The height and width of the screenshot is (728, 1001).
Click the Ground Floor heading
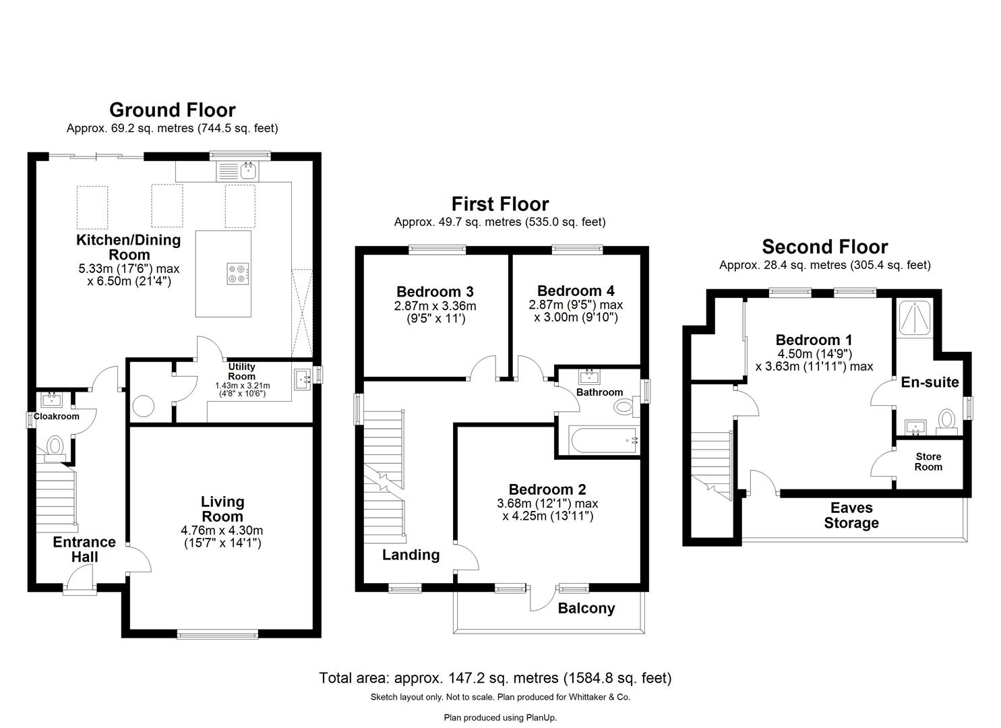(172, 110)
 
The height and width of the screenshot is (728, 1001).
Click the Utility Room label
(241, 371)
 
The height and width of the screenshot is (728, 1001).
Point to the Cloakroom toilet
(55, 446)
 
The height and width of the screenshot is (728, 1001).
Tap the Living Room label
(222, 509)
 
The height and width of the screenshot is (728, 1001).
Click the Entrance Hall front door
(79, 580)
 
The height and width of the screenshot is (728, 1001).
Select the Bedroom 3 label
(435, 292)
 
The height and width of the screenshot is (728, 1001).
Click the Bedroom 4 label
(576, 291)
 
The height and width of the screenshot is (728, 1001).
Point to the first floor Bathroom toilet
(625, 406)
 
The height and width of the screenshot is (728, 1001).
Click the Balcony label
(586, 609)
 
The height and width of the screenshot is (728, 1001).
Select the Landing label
(411, 555)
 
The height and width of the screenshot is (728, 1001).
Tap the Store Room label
(928, 462)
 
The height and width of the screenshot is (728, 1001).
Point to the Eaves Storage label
(851, 516)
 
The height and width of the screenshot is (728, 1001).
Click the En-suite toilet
(947, 419)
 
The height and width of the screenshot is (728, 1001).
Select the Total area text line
(495, 678)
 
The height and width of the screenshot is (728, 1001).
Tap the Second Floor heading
(825, 247)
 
